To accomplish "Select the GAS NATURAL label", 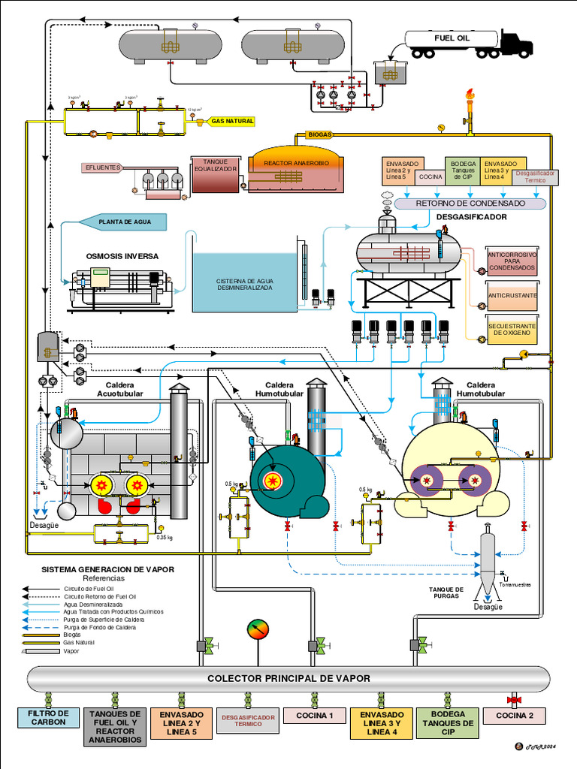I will (x=232, y=121).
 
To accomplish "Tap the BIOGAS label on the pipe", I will (x=319, y=134).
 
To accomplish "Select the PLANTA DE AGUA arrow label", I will (x=120, y=222).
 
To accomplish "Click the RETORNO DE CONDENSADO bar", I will (x=470, y=203).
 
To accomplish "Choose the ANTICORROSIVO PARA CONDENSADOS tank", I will (x=512, y=261).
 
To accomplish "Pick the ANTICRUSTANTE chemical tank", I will (x=512, y=296).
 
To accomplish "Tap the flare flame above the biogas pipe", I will (x=470, y=96).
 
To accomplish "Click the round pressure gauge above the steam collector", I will (x=258, y=629).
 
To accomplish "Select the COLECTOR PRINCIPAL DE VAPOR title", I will (x=288, y=678).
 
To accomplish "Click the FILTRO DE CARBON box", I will (x=48, y=717).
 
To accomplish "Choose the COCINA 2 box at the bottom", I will (x=515, y=716).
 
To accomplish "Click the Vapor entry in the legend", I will (x=71, y=651).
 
